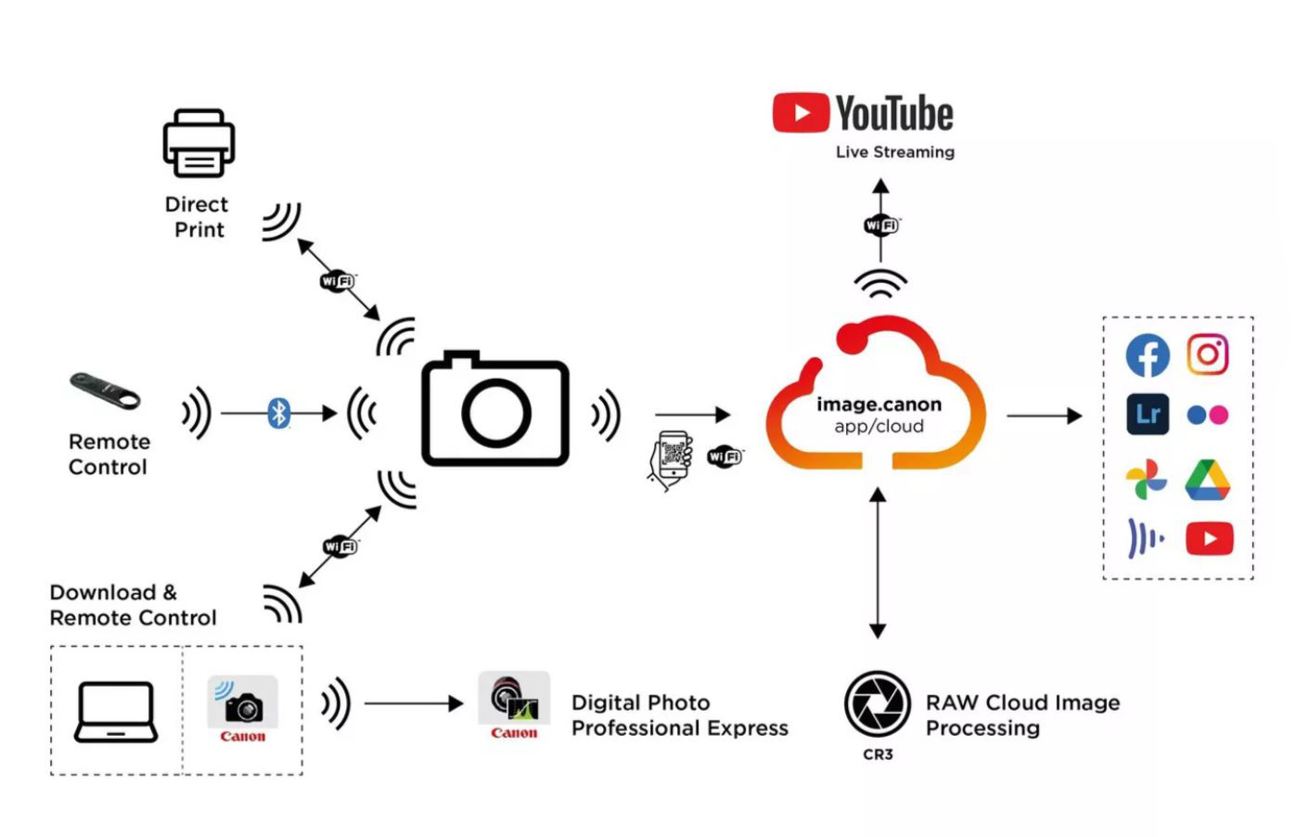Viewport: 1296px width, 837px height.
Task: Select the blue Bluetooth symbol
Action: click(x=278, y=412)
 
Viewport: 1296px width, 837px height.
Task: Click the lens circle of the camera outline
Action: click(x=496, y=411)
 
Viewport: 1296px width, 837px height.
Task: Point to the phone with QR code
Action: click(x=672, y=458)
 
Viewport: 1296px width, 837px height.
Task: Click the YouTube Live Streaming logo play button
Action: click(x=800, y=113)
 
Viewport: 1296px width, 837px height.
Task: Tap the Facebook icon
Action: click(x=1148, y=355)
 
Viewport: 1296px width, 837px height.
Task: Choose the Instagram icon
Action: click(x=1208, y=354)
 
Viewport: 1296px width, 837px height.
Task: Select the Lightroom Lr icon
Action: click(x=1148, y=414)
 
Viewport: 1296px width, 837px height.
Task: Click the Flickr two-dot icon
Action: click(x=1208, y=415)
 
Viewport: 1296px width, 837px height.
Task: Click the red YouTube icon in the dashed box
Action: click(x=1209, y=538)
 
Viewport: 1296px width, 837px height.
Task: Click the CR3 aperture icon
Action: click(x=877, y=703)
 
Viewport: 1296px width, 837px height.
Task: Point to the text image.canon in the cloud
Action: click(x=879, y=405)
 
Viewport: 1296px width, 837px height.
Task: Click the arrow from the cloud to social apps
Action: click(x=1044, y=416)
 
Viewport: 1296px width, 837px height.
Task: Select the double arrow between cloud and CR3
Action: click(x=878, y=563)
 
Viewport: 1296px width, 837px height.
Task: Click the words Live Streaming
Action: click(x=894, y=152)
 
